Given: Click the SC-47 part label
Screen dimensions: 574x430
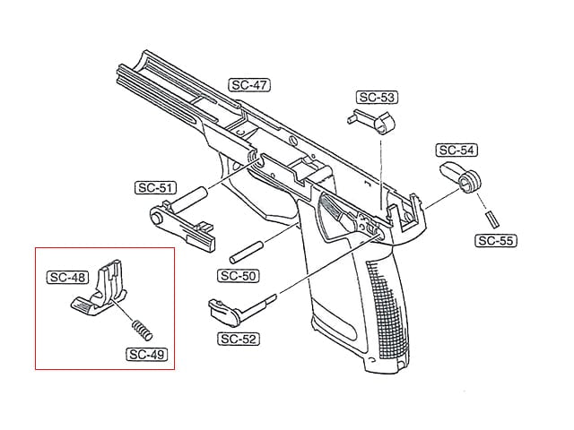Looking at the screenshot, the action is (249, 85).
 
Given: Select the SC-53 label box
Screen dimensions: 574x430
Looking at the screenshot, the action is (377, 98).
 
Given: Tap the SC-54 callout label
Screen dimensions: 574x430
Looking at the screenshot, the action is (457, 150).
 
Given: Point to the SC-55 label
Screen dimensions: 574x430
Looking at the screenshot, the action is (496, 241).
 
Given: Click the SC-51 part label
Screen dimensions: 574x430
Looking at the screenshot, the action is (155, 187).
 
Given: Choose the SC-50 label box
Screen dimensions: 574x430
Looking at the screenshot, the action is (239, 276).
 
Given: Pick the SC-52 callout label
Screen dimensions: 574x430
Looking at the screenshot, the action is (239, 339).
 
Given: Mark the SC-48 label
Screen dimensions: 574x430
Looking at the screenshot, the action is (68, 277).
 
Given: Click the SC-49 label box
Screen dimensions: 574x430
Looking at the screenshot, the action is (147, 355).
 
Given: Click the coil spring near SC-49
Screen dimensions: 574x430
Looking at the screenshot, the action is (142, 331).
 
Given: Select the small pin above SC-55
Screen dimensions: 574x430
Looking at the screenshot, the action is (492, 219).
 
